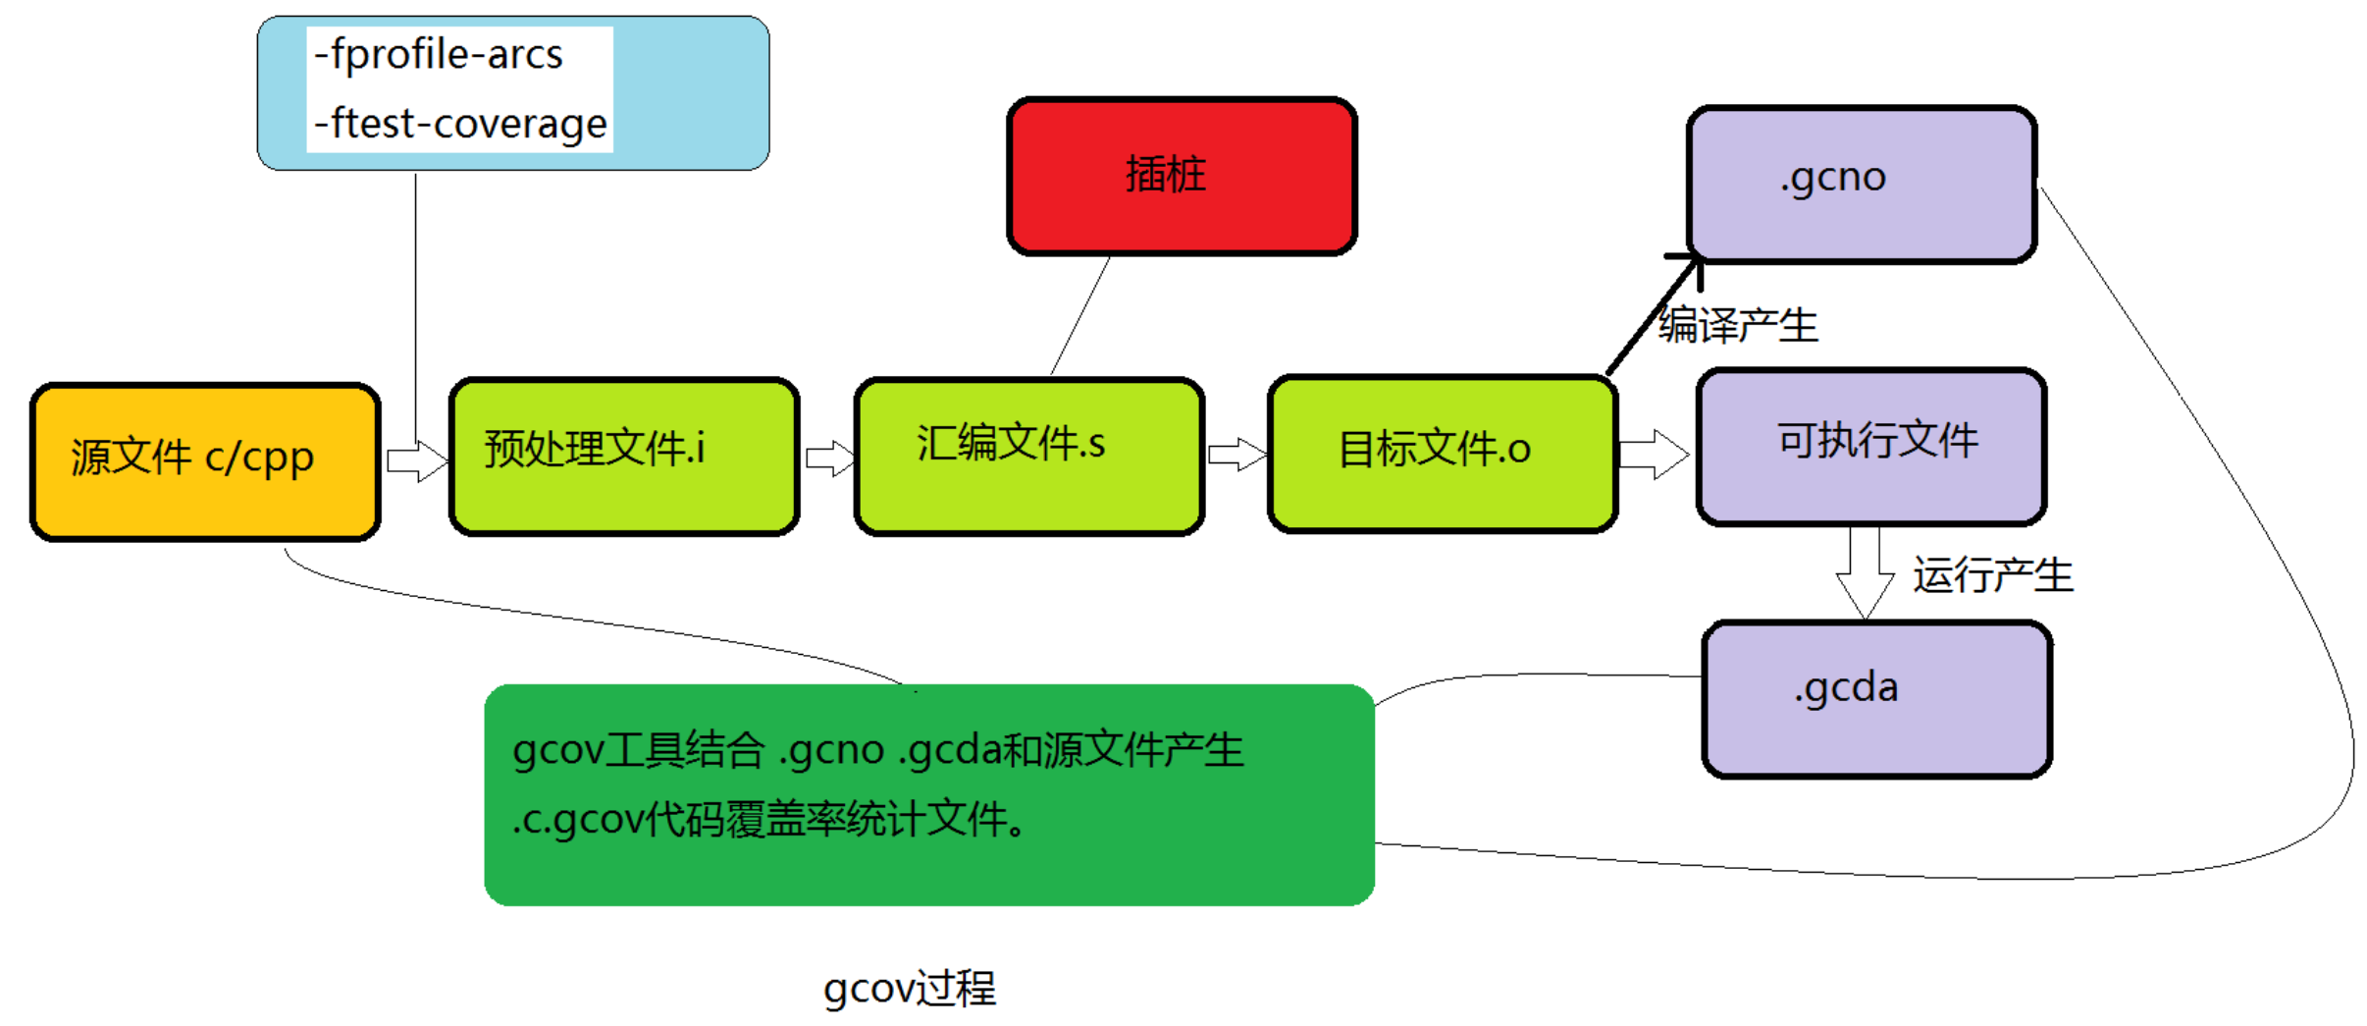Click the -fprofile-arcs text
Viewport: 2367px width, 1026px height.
point(439,55)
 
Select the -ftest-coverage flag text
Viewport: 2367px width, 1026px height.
point(460,124)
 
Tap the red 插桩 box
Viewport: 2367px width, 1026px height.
point(1182,176)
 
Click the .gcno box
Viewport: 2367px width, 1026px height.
point(1862,185)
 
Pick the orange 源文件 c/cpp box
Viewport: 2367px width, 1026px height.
point(205,461)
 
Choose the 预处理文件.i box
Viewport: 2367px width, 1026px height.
point(624,457)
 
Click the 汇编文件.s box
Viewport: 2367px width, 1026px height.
point(1029,457)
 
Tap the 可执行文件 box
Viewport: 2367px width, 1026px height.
point(1871,447)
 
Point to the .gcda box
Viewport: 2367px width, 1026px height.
point(1877,699)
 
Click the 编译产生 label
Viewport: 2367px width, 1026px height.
point(1738,325)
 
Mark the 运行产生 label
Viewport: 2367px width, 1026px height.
point(1992,574)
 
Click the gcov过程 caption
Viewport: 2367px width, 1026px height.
point(910,989)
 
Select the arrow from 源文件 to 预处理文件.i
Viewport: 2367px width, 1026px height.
point(417,460)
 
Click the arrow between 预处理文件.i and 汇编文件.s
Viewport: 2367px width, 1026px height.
point(830,459)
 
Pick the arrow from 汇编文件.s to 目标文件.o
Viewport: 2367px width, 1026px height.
point(1237,455)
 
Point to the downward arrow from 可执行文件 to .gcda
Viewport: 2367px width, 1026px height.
point(1865,573)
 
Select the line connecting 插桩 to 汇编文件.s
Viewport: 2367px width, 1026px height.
point(1080,315)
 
